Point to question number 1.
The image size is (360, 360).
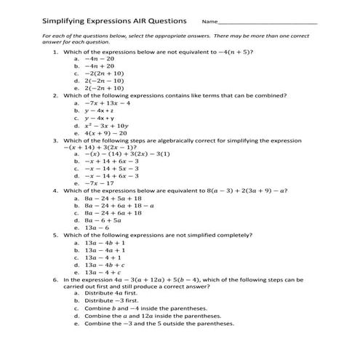coord(56,53)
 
